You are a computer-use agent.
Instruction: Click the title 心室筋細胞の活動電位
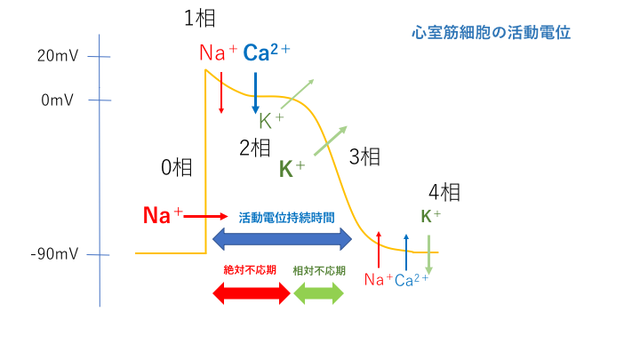pos(491,33)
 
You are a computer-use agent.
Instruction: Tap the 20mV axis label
pos(59,56)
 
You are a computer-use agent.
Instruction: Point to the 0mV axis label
pos(59,100)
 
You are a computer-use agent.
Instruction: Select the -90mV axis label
pos(55,255)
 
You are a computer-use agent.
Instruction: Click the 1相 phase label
pos(199,19)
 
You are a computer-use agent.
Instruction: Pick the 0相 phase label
pos(175,166)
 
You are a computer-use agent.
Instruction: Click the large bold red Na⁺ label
pos(163,215)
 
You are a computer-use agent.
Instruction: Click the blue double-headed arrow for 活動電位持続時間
pos(282,237)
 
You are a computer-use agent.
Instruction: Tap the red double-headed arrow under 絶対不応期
pos(251,295)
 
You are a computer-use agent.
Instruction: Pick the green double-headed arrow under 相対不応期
pos(318,295)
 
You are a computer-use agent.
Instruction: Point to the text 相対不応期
pos(319,269)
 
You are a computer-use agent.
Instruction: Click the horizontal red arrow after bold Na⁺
pos(206,216)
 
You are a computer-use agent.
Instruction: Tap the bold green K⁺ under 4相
pos(430,216)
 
